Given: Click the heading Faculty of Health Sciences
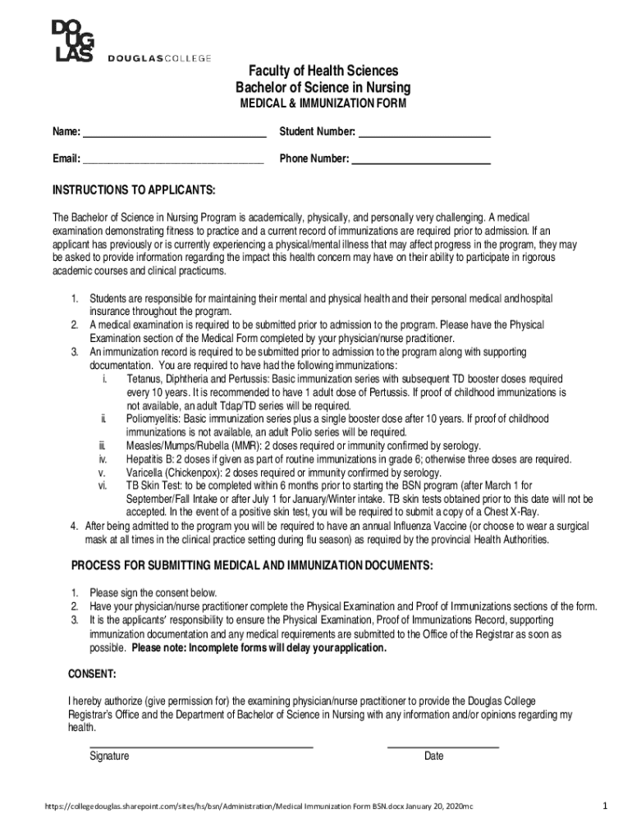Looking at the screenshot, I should [323, 71].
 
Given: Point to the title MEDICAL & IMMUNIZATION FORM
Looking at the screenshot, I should [323, 104].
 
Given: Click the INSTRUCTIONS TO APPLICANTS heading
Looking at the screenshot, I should [134, 191].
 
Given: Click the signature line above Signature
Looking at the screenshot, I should [201, 746].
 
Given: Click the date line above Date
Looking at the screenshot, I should [442, 746].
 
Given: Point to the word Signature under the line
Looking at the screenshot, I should [109, 756].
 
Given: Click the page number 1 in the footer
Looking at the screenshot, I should [604, 806].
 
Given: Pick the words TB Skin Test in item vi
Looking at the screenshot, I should [153, 486].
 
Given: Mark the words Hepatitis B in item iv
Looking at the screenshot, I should [151, 459].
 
